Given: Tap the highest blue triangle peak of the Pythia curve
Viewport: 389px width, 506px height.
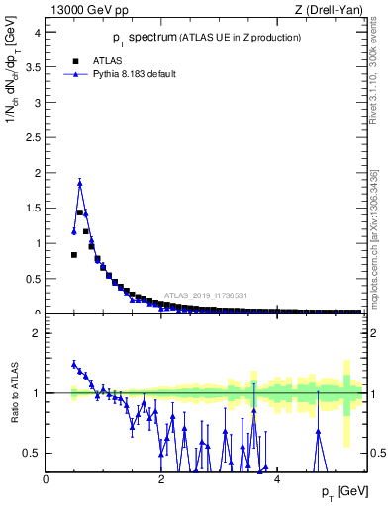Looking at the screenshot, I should click(80, 183).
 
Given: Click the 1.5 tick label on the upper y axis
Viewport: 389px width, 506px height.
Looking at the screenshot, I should click(35, 208).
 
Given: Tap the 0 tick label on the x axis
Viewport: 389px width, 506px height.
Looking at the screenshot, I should click(47, 480).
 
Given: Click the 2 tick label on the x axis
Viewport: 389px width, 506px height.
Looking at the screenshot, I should click(161, 480).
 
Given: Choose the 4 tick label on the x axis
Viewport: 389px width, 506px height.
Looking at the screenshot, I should click(277, 480).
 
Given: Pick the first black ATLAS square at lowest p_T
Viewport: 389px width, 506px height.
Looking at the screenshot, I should click(74, 254).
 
